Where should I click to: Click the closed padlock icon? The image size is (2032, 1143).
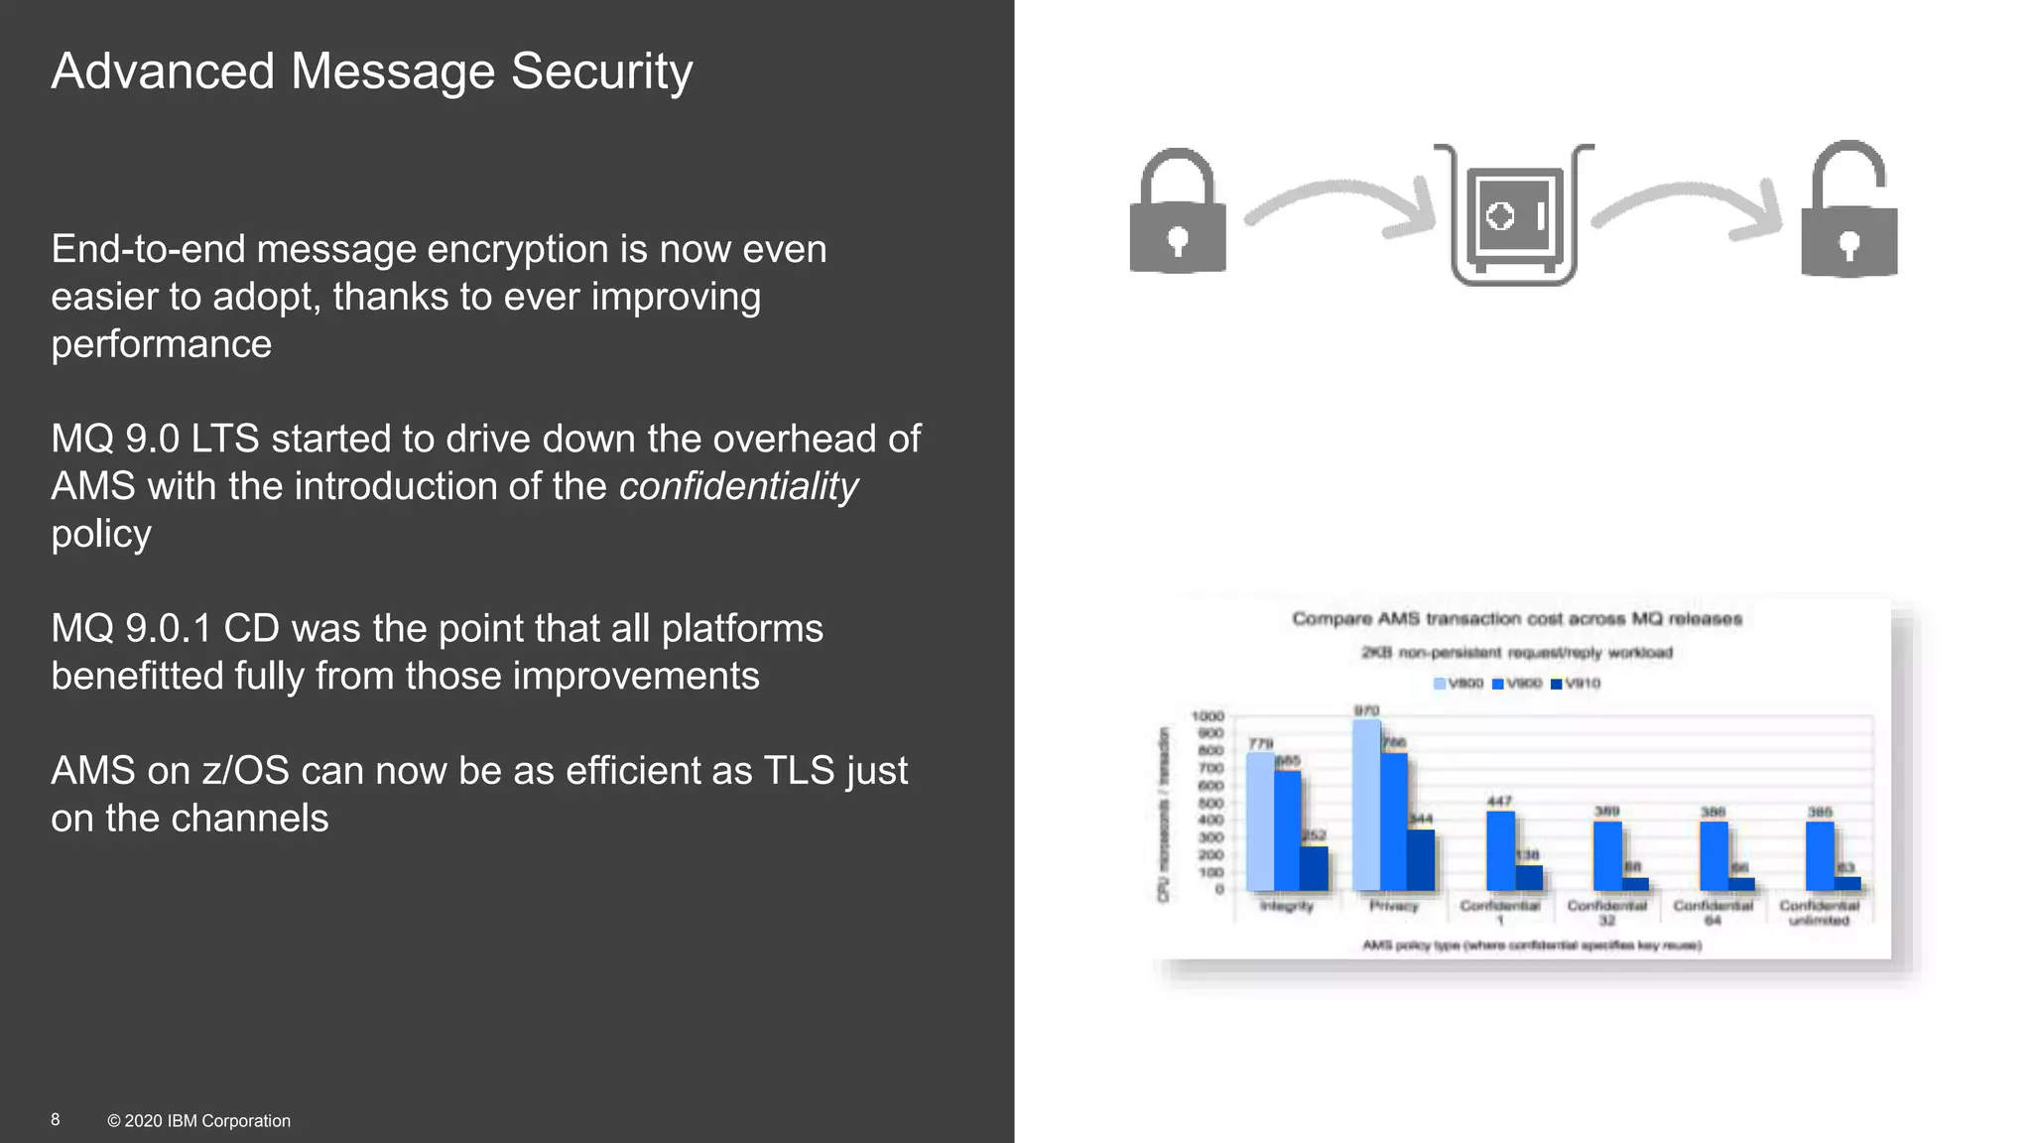click(x=1178, y=213)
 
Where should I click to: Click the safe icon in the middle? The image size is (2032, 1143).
click(x=1514, y=215)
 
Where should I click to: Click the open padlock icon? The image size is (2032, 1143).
click(x=1849, y=213)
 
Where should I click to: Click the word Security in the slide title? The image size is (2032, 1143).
click(x=601, y=72)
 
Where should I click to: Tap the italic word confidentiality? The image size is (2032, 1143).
click(x=738, y=486)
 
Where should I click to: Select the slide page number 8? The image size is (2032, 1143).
click(x=56, y=1119)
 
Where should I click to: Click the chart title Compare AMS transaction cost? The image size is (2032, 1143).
click(x=1516, y=619)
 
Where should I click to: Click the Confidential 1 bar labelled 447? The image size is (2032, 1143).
click(x=1500, y=850)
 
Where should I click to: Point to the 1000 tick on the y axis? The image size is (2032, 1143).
click(x=1207, y=716)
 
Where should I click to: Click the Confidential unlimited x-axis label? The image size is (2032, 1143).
click(x=1819, y=913)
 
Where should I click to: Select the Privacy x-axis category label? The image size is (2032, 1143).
click(x=1393, y=906)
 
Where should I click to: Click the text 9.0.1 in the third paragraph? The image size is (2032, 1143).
click(x=168, y=629)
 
